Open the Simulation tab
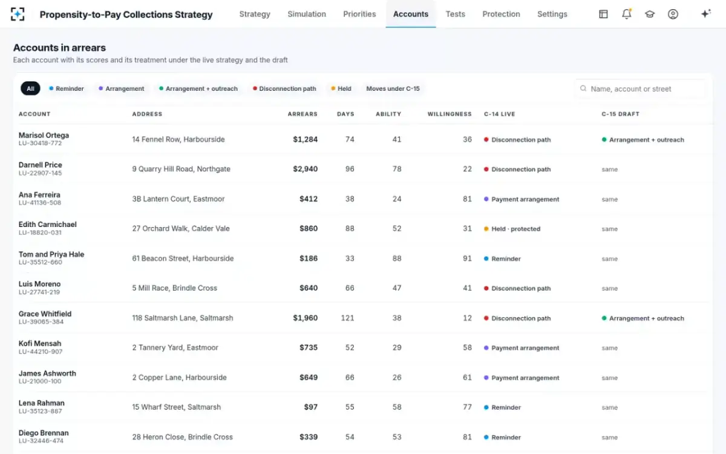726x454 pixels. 307,14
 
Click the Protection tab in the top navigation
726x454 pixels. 501,14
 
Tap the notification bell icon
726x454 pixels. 627,14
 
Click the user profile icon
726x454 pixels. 673,14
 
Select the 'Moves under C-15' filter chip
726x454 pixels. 393,88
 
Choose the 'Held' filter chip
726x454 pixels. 341,88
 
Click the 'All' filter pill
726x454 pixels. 30,88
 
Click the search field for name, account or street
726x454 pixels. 640,89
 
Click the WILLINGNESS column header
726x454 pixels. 449,114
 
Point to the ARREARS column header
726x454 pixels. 302,114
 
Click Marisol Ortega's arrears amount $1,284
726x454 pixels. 306,139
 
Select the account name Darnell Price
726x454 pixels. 40,165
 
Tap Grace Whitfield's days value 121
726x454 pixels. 347,318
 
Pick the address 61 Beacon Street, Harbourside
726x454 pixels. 183,258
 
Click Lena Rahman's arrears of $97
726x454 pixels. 310,407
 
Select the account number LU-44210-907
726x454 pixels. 41,352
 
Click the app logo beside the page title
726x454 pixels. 18,15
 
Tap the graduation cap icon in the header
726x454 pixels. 650,15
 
